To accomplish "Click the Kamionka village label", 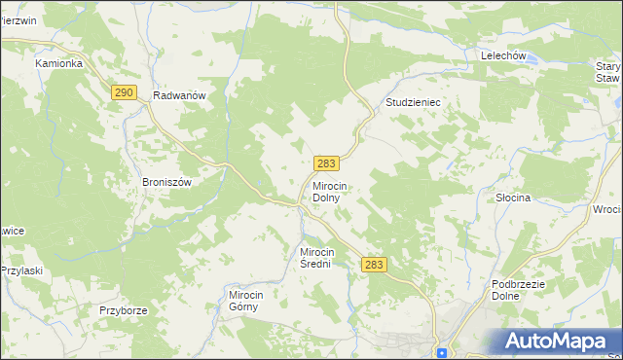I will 58,63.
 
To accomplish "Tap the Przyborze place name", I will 123,310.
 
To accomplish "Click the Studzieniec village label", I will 414,101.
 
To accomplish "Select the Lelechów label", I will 503,56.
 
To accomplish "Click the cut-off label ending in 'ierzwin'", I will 18,19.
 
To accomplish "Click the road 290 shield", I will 122,91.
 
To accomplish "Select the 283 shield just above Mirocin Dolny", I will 326,162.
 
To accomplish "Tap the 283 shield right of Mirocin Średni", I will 374,265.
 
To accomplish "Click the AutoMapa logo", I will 556,341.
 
